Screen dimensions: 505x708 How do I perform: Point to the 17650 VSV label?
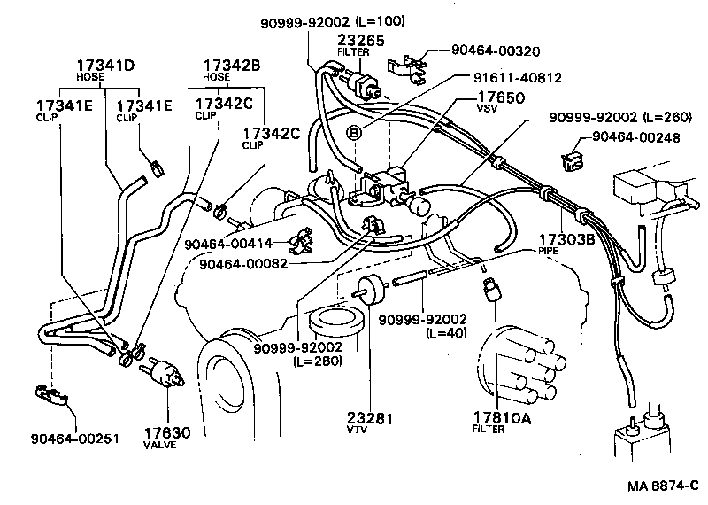click(501, 97)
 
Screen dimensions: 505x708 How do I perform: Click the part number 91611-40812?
click(512, 78)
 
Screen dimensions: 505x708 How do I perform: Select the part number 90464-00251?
click(74, 437)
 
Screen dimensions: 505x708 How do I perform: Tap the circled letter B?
click(354, 134)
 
